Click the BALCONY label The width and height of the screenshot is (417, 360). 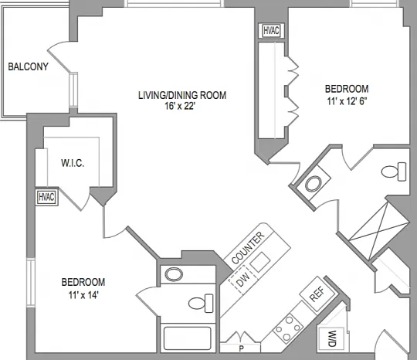coord(29,66)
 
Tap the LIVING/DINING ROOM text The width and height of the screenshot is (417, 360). coord(182,95)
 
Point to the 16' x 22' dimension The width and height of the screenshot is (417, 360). coord(180,106)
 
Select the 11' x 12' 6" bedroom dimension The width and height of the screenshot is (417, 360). coord(347,101)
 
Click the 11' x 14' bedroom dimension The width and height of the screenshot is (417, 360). coord(83,295)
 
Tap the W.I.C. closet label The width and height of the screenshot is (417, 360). coord(73,163)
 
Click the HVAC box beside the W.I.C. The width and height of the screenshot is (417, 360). coord(47,197)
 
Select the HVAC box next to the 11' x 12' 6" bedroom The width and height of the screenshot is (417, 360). coord(271,31)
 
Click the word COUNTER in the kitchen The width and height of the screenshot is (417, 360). coord(248,247)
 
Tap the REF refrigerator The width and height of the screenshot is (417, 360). coord(317,294)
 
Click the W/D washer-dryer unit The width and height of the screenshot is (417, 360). coord(331,338)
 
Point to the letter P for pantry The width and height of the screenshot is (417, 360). coord(241,348)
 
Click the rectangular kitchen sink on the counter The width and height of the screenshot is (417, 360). coord(260,262)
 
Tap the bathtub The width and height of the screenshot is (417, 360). coord(188,338)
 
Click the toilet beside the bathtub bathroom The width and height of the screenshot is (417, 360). coord(201,303)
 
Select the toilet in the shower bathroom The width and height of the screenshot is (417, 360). coord(394,172)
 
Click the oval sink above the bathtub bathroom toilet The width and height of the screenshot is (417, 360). coord(174,274)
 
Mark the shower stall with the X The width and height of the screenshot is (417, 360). coord(378,231)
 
